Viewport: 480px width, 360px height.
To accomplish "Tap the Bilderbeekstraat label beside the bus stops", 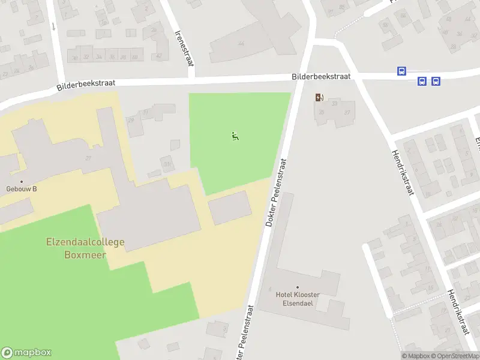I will point(321,77).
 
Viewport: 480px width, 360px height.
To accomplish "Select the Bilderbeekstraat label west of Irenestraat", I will point(85,85).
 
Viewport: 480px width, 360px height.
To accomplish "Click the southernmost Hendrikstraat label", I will point(458,313).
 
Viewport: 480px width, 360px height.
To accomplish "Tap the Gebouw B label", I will point(22,189).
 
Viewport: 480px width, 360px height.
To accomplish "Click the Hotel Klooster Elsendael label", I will point(298,299).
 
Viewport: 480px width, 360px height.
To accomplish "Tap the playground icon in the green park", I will point(235,136).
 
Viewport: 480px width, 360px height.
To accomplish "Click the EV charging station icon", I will point(319,97).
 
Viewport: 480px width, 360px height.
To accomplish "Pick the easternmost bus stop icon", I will point(436,81).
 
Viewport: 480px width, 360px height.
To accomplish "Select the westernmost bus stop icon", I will point(401,71).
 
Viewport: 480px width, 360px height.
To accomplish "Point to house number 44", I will point(242,44).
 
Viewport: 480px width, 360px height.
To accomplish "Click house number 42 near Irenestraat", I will point(159,56).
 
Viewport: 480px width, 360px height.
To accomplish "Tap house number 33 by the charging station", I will point(335,103).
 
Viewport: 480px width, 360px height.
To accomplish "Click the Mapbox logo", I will point(26,353).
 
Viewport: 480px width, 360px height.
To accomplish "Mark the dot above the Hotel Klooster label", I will point(298,287).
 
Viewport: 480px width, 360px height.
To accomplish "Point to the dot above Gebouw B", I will point(22,181).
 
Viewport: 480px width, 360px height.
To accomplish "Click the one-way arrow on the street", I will point(53,26).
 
